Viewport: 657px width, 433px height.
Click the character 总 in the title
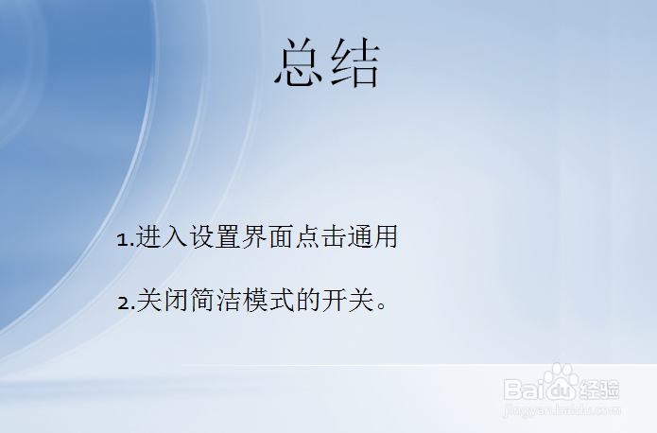coord(301,65)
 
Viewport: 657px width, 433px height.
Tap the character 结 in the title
coord(354,65)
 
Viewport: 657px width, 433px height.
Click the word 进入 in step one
coord(163,237)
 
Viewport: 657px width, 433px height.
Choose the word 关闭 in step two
coord(164,302)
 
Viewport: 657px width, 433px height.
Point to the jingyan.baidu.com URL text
coord(562,410)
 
